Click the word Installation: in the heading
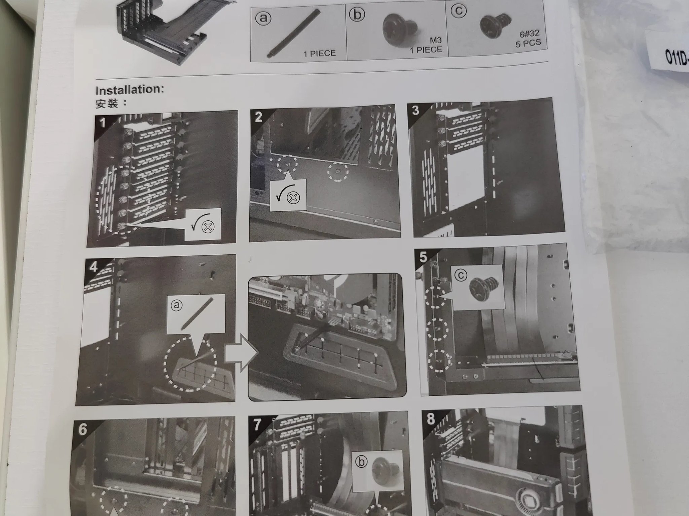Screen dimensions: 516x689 tap(130, 90)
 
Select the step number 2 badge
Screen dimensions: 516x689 tap(258, 117)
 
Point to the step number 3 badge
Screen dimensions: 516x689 tap(415, 111)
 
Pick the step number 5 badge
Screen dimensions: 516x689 tap(423, 257)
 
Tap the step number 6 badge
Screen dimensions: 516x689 tap(82, 430)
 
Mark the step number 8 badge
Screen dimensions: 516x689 tap(430, 419)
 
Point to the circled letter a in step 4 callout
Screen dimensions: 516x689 tap(176, 305)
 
